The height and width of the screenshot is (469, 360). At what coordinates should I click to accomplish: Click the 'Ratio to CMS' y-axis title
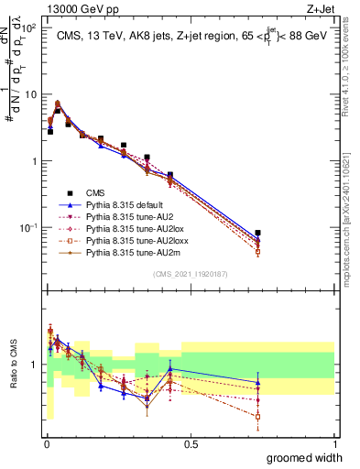point(14,365)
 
